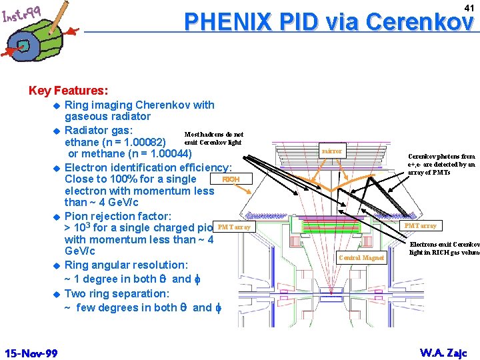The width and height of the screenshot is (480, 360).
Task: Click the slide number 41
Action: coord(468,7)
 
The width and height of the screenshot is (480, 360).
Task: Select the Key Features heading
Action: coord(69,90)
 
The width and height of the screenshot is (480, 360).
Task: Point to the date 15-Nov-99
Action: coord(31,353)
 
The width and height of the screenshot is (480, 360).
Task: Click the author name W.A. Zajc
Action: coord(443,353)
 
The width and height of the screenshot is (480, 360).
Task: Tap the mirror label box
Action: coord(331,151)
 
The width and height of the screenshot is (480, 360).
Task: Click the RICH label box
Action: coord(231,179)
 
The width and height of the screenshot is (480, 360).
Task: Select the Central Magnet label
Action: coord(361,257)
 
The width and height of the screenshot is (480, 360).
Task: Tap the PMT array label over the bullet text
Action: coord(234,227)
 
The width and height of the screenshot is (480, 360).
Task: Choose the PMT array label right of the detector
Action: coord(421,226)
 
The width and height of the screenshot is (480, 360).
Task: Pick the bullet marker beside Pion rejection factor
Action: coord(57,217)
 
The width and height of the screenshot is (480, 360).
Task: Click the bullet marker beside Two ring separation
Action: coord(57,294)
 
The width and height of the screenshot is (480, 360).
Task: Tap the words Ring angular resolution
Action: coord(126,265)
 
